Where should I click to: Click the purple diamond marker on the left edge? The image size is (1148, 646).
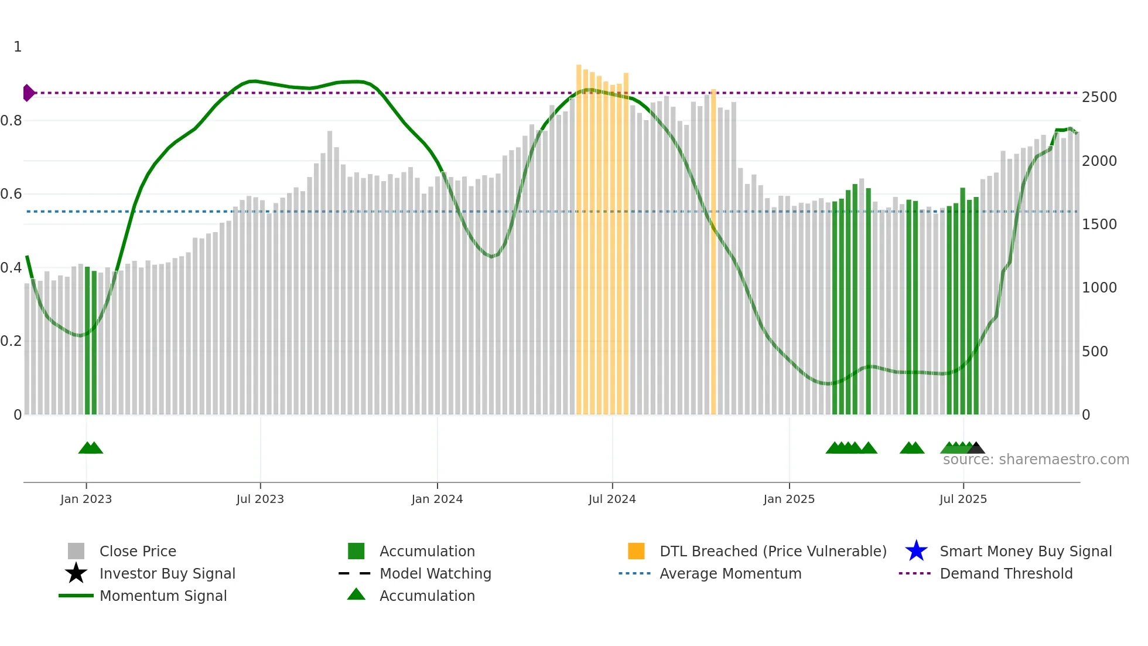[28, 93]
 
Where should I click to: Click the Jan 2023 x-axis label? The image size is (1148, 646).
[86, 499]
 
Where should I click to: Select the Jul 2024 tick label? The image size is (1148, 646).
[612, 499]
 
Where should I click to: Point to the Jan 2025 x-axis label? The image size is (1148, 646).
[789, 499]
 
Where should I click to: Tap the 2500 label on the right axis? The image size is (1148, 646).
[1099, 97]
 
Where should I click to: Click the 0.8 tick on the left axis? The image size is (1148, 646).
[12, 121]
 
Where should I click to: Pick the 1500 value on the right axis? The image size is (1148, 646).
[1099, 224]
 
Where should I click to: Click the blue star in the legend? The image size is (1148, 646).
[916, 551]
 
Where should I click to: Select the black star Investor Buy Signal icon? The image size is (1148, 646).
[76, 573]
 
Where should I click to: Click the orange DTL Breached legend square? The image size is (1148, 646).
[636, 551]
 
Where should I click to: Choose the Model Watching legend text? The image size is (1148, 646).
[435, 573]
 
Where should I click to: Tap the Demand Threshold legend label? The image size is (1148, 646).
[1006, 573]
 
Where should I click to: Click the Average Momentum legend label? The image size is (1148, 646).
[730, 573]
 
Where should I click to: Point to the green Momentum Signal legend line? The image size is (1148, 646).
[76, 596]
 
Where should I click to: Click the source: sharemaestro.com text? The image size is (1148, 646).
[1036, 460]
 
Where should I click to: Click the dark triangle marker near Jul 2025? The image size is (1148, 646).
[976, 448]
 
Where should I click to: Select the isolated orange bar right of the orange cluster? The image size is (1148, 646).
[713, 252]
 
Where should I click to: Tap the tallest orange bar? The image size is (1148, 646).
[579, 240]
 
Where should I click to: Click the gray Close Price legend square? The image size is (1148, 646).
[76, 551]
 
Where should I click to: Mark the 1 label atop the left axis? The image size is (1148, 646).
[18, 47]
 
